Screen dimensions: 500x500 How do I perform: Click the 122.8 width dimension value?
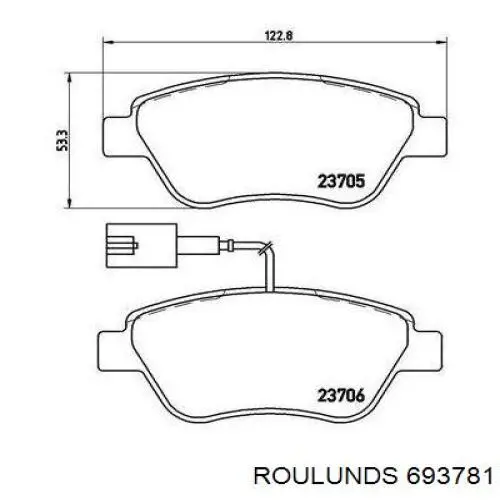pos(279,35)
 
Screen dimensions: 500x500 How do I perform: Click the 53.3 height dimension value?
pos(62,140)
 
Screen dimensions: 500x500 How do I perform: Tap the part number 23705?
pos(341,182)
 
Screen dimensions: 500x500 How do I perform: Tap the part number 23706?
pos(341,396)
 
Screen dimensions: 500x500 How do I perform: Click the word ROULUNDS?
pos(326,475)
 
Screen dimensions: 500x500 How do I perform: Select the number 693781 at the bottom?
pos(449,475)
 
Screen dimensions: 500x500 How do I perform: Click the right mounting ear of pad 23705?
pos(432,136)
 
